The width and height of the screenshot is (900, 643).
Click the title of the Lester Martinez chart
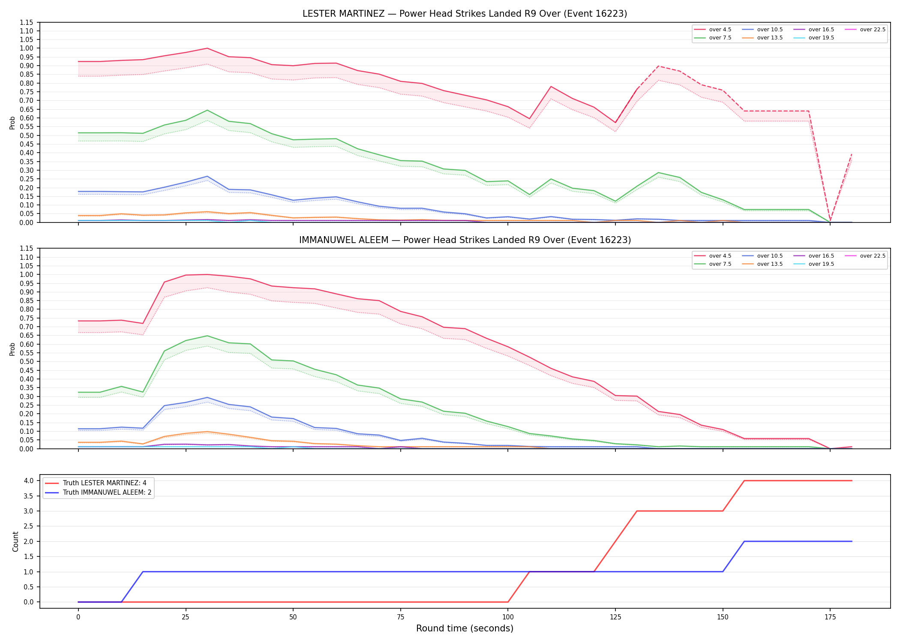[x=465, y=14]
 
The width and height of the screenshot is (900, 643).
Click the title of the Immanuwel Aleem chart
[x=465, y=240]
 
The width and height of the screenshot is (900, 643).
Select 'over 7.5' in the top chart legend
[x=720, y=38]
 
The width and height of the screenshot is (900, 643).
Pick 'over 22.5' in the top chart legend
[x=873, y=30]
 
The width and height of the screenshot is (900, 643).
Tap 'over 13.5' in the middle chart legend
[x=770, y=264]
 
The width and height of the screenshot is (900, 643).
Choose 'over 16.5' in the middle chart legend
[x=821, y=256]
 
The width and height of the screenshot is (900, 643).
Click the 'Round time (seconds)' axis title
[x=465, y=628]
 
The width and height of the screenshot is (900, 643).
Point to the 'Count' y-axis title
[x=15, y=541]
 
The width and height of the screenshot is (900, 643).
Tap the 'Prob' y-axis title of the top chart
[x=12, y=123]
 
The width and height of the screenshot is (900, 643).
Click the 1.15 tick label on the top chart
[x=27, y=22]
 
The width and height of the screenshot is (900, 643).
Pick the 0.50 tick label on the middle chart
[x=27, y=361]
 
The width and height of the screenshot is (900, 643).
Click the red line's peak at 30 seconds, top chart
[x=207, y=48]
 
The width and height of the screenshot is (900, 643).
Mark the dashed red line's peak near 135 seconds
[x=658, y=66]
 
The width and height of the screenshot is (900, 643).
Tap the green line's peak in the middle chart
[x=207, y=336]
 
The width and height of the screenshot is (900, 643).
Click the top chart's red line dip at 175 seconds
[x=830, y=222]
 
